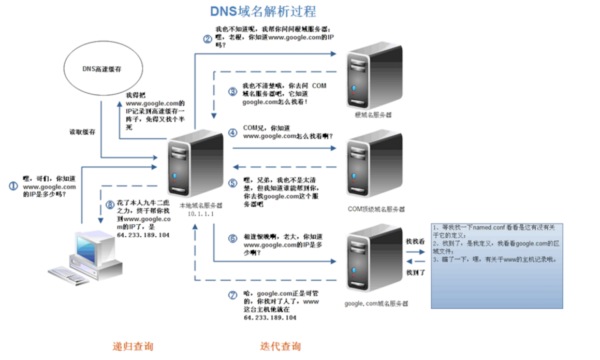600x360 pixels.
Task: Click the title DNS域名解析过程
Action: click(x=262, y=11)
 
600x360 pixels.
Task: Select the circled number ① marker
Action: click(x=13, y=186)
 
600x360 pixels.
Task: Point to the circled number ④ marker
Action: click(x=232, y=133)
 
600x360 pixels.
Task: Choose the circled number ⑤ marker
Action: click(x=232, y=183)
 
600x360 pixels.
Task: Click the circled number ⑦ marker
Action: click(x=232, y=295)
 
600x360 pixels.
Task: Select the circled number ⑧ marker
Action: click(x=109, y=205)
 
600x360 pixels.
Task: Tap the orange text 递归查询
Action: click(x=133, y=346)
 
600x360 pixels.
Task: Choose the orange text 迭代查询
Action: click(x=280, y=346)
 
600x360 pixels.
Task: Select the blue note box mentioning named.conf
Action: click(x=497, y=266)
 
